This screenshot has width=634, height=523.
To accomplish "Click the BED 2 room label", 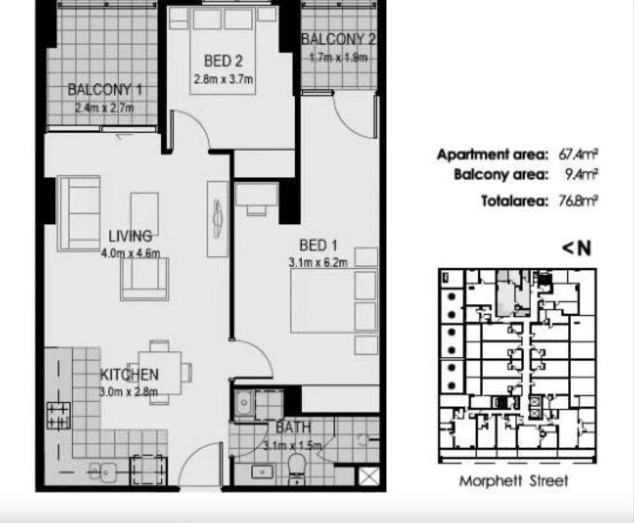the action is (x=223, y=61).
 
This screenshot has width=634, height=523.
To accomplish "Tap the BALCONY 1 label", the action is (x=105, y=90).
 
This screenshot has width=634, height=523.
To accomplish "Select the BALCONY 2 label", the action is (x=339, y=39).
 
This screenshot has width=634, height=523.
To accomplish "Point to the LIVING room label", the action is (x=130, y=236).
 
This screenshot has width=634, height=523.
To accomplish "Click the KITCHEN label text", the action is (x=130, y=374).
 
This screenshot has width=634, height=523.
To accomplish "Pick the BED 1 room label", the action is (x=318, y=245).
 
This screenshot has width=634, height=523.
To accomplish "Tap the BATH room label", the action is (x=293, y=427).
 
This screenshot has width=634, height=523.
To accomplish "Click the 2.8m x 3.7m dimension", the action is (x=223, y=80).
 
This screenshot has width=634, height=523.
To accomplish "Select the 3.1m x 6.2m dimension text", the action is (x=318, y=263).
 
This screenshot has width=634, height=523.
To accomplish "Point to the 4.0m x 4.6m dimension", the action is (x=130, y=253).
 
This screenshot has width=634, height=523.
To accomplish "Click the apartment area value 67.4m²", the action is (x=578, y=154).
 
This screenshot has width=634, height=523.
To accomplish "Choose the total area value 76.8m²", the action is (x=578, y=201).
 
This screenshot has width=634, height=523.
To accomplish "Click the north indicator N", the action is (x=584, y=249).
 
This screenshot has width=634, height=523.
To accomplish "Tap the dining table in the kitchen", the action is (x=160, y=373).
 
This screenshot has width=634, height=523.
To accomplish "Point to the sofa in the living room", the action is (x=80, y=214).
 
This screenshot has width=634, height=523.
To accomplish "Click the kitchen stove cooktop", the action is (x=58, y=416).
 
